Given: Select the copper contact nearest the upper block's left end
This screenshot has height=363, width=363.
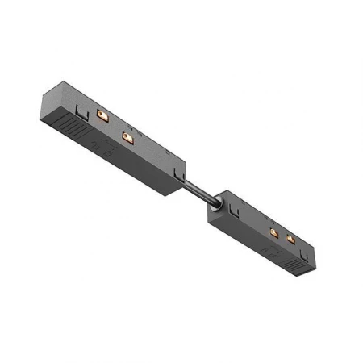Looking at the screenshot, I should pyautogui.click(x=102, y=117).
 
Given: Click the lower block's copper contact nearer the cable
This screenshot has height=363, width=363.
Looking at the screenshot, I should pyautogui.click(x=274, y=232).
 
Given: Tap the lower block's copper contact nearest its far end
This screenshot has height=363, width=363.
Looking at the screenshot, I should pyautogui.click(x=290, y=240).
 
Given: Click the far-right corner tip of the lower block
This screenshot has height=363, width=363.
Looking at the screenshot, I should pyautogui.click(x=316, y=257).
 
